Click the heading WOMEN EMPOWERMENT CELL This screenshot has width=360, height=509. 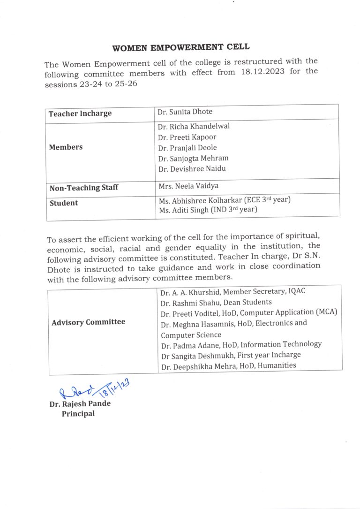181,47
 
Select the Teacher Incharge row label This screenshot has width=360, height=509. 80,114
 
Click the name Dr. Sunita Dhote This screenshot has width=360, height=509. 185,112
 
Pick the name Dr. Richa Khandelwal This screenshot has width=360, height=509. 194,126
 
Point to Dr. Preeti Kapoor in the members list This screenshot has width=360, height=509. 187,137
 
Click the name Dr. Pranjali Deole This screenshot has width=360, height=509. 187,148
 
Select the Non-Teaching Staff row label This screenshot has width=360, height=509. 84,188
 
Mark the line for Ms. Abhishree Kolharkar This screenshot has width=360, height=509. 225,200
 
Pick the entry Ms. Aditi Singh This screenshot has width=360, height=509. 208,210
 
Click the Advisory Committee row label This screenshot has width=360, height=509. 89,322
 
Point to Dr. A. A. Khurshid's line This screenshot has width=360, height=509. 232,291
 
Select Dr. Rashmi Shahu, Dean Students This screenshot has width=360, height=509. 216,302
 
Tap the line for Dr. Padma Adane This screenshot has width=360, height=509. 241,345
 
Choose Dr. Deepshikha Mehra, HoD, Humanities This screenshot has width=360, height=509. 228,366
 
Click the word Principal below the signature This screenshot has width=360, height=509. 78,414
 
